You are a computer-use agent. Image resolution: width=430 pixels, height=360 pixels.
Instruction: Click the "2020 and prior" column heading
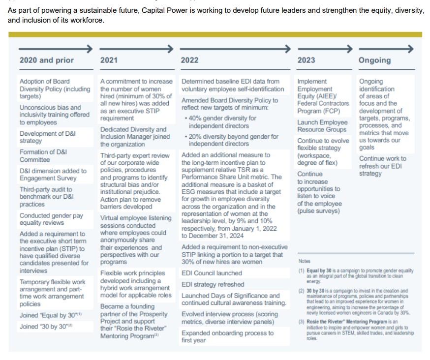pyautogui.click(x=46, y=60)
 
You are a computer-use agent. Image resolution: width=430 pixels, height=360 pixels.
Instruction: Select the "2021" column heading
pyautogui.click(x=109, y=60)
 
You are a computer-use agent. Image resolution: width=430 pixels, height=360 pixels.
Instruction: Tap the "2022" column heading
pyautogui.click(x=190, y=60)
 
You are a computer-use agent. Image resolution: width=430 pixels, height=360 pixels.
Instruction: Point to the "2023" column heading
pyautogui.click(x=307, y=60)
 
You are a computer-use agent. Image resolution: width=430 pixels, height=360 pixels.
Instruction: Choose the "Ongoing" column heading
pyautogui.click(x=374, y=60)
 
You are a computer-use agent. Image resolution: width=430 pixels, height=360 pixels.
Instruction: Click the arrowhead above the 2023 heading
pyautogui.click(x=350, y=49)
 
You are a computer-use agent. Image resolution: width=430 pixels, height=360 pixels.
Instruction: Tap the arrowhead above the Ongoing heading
pyautogui.click(x=410, y=49)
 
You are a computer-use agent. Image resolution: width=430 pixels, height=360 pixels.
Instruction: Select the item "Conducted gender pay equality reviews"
pyautogui.click(x=52, y=219)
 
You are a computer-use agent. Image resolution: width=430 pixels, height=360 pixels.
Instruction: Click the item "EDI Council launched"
pyautogui.click(x=212, y=273)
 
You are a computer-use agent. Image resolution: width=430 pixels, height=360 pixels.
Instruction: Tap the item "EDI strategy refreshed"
pyautogui.click(x=213, y=284)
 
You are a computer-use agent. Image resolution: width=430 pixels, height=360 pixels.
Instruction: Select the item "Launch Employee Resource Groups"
pyautogui.click(x=322, y=126)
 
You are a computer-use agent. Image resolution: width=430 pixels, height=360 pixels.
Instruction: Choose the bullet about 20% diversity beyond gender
pyautogui.click(x=230, y=140)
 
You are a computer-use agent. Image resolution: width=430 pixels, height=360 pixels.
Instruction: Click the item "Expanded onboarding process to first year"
pyautogui.click(x=227, y=336)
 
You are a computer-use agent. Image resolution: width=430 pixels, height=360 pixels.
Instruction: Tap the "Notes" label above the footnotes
pyautogui.click(x=305, y=261)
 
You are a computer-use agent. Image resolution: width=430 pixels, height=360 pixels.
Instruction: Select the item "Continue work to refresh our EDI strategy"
pyautogui.click(x=383, y=166)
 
